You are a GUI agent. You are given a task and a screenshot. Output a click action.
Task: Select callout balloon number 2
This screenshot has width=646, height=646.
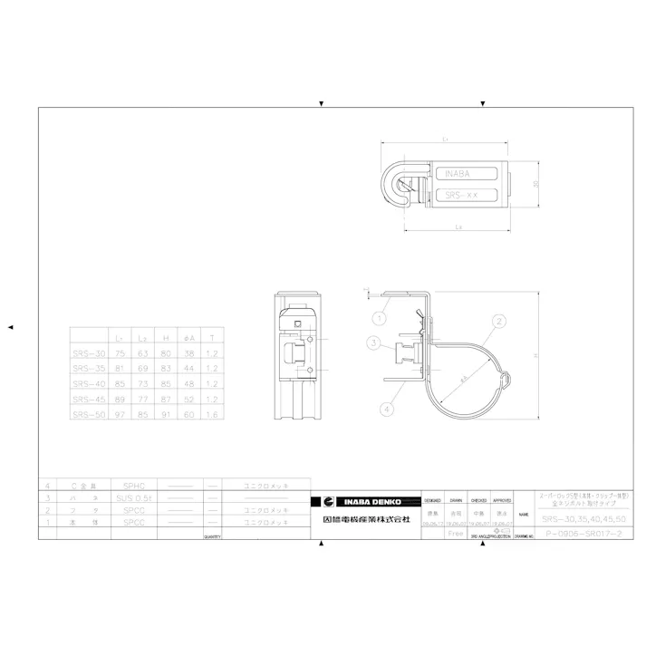[498, 320]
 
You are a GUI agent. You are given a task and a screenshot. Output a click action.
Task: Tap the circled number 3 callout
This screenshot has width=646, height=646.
[373, 342]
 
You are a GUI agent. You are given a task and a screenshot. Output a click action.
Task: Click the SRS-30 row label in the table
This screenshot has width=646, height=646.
[90, 353]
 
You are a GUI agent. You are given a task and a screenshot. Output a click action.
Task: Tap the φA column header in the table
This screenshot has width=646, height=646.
[188, 337]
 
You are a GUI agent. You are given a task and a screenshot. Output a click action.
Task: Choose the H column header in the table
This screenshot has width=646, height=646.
[166, 337]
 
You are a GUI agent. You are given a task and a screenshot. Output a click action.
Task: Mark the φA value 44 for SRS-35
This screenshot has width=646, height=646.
[188, 368]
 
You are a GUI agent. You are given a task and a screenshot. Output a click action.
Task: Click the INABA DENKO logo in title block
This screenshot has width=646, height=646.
[367, 501]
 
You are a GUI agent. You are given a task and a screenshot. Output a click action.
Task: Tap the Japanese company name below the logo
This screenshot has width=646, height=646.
[367, 520]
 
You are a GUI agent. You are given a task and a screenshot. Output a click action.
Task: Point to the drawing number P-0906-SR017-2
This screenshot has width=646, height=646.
[580, 535]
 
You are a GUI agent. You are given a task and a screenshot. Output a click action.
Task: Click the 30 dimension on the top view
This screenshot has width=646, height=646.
[535, 184]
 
